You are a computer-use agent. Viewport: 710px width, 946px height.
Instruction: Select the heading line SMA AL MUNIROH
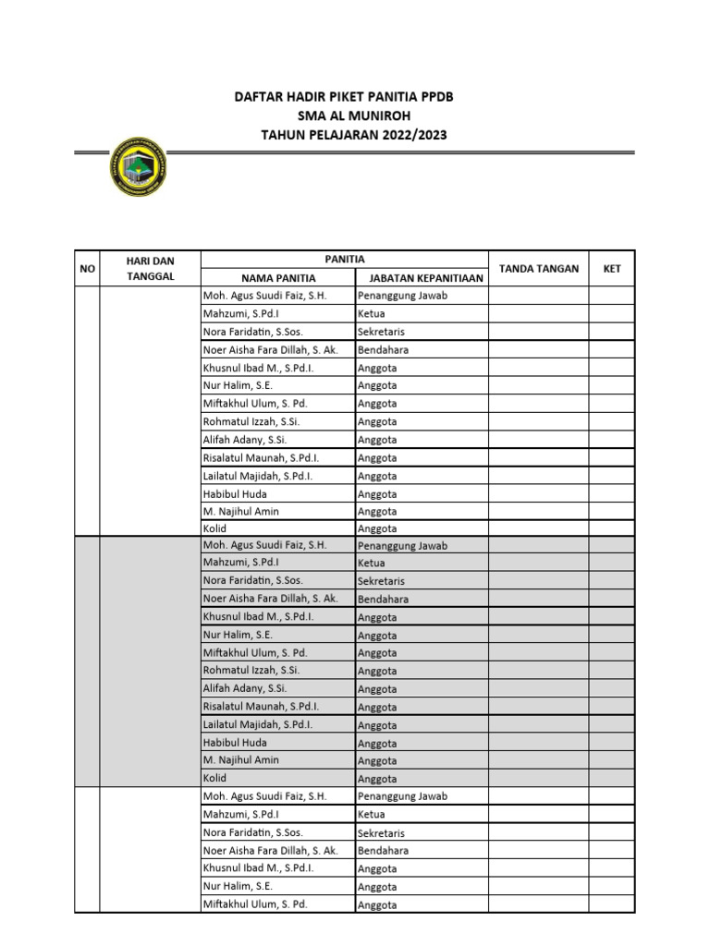click(x=354, y=115)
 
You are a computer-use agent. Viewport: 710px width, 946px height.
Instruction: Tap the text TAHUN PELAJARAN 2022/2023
click(x=354, y=135)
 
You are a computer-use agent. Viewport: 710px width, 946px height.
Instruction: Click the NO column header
click(x=88, y=269)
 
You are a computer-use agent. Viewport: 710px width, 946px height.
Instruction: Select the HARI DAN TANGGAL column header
click(x=150, y=269)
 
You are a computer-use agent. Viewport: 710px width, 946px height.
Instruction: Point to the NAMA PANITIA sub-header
click(x=278, y=278)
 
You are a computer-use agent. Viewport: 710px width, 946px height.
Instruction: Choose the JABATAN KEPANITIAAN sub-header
click(x=421, y=278)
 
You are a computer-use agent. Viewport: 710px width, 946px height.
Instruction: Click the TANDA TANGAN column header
click(x=539, y=269)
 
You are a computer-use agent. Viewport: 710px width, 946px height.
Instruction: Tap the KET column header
click(x=612, y=269)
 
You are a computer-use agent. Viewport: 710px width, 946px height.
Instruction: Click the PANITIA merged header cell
click(x=344, y=260)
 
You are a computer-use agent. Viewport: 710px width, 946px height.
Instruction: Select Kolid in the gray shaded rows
click(x=214, y=778)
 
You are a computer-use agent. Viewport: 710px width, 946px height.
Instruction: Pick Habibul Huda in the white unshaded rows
click(x=235, y=494)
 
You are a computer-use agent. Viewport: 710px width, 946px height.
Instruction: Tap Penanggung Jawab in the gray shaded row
click(x=402, y=546)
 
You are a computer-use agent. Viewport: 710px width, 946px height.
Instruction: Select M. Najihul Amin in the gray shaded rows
click(x=240, y=760)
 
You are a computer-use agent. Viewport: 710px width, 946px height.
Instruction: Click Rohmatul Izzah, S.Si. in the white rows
click(x=251, y=421)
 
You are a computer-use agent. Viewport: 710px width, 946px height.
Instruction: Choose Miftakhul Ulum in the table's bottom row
click(x=254, y=904)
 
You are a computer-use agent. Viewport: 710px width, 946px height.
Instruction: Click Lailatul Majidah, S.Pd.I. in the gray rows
click(x=257, y=725)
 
